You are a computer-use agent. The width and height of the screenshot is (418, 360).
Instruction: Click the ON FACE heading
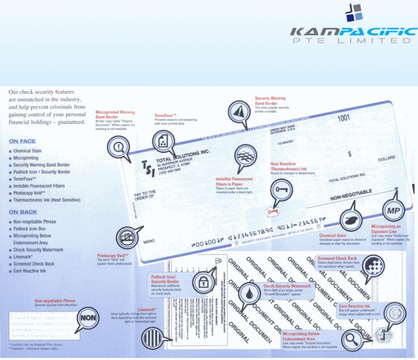point(22,141)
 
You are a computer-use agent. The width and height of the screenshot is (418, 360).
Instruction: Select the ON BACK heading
point(22,212)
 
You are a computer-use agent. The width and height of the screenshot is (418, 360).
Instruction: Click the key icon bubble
point(282,188)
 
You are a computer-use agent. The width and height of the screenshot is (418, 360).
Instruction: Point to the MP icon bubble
point(393,211)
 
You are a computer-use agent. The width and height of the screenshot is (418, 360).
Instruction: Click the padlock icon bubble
point(202,282)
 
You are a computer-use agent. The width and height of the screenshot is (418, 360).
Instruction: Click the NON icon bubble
point(89,318)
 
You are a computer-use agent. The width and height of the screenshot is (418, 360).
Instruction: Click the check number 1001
point(343,118)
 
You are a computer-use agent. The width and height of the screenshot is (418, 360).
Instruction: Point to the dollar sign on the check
point(349,154)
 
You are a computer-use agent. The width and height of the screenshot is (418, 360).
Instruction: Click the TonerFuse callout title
point(166,115)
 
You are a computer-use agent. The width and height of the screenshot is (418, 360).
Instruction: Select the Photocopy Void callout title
point(113,255)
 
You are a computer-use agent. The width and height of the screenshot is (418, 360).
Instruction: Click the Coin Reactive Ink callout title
point(354,306)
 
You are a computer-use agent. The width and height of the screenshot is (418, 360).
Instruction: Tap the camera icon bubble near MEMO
point(127,238)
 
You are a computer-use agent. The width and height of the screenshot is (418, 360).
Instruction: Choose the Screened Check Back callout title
point(337,258)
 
